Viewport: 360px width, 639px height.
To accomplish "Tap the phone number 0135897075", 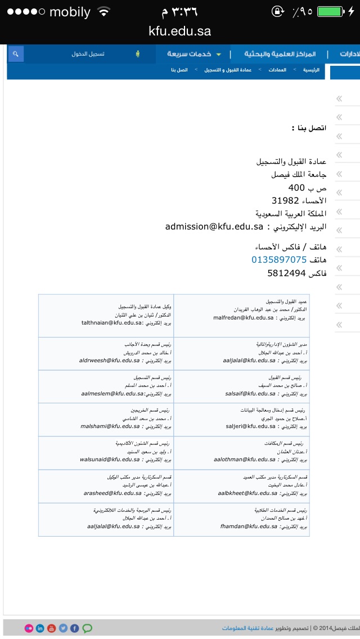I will (278, 260).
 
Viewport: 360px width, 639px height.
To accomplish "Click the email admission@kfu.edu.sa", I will (214, 227).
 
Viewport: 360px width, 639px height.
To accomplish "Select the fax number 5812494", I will (286, 273).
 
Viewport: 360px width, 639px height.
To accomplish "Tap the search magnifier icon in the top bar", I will (16, 54).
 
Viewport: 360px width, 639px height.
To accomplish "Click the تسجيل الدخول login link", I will (88, 54).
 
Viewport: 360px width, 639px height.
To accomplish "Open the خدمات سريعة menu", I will (188, 54).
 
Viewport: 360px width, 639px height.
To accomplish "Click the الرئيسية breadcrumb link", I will (311, 70).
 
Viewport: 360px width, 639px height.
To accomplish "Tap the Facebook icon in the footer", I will (75, 628).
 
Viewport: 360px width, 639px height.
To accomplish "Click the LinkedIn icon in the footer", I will (39, 628).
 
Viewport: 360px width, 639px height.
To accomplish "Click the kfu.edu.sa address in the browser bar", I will (180, 31).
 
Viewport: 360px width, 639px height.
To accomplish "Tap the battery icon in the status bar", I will (329, 11).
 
